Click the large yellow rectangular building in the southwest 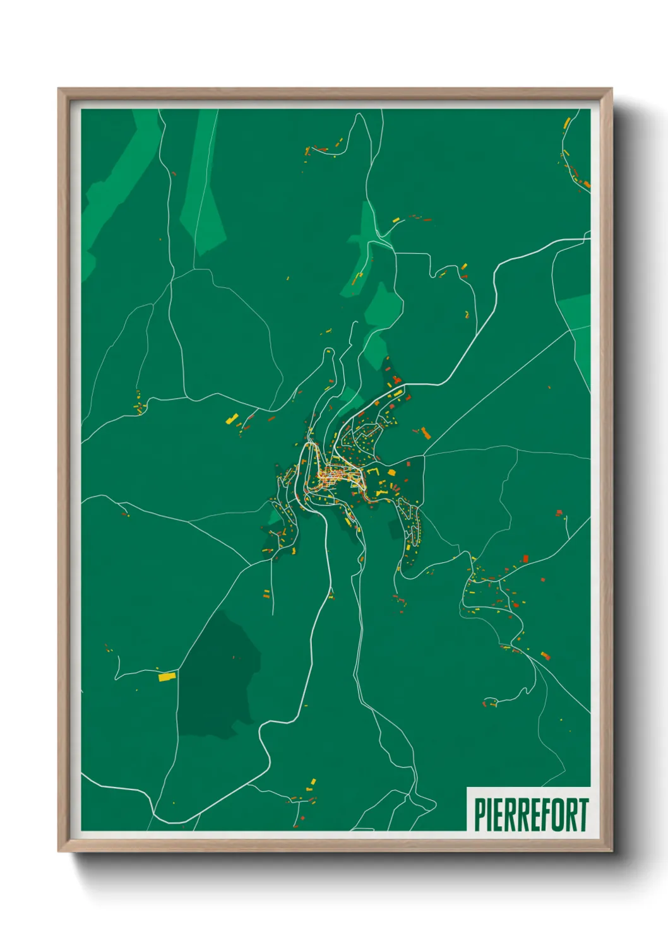(x=166, y=677)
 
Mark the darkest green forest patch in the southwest (x=218, y=682)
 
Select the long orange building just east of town (x=426, y=433)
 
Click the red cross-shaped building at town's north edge (x=396, y=380)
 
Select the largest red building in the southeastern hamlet (x=546, y=656)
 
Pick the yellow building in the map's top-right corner (x=567, y=122)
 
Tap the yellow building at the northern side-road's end (x=397, y=220)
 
